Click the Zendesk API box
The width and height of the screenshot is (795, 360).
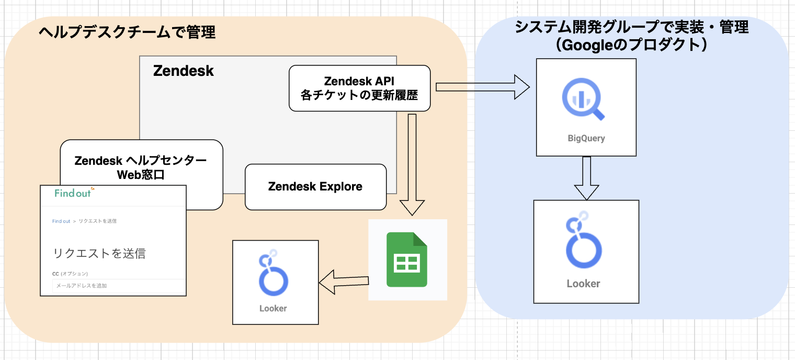click(x=359, y=88)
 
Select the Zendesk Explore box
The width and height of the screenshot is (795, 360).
click(x=315, y=187)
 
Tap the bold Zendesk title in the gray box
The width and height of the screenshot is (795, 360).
click(x=184, y=71)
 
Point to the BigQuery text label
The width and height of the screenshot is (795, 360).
click(x=586, y=139)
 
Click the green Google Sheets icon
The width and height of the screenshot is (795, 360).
click(x=407, y=260)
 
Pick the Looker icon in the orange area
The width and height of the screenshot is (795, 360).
click(x=273, y=274)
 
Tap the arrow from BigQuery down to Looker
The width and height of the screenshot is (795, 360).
click(x=586, y=178)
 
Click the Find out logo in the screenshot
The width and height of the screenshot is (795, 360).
click(x=74, y=193)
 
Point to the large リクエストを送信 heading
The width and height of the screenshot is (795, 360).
click(x=99, y=254)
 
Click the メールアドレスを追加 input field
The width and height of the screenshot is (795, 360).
click(x=118, y=286)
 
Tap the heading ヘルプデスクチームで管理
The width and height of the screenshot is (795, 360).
click(x=127, y=32)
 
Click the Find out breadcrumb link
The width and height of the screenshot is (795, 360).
click(x=61, y=221)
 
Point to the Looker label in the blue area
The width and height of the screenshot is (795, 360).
click(x=583, y=284)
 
